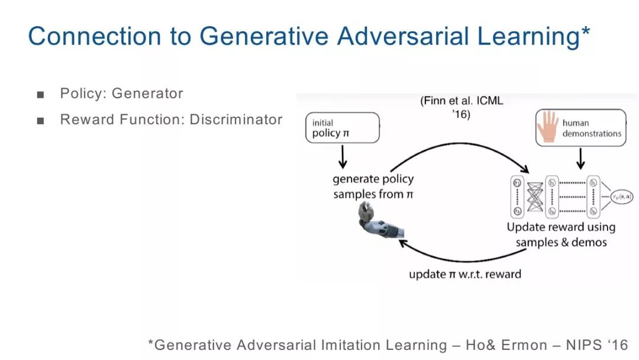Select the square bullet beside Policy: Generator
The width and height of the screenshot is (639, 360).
pos(40,94)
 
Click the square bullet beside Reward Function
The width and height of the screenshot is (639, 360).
pos(40,121)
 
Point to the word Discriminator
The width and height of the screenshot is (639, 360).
pos(235,120)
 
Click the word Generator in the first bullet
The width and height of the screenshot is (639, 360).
pos(147,94)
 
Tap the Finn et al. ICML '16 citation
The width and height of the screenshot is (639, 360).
pos(461,107)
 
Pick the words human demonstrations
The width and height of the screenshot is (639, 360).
pos(591,128)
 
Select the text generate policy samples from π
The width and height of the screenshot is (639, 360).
pos(373,186)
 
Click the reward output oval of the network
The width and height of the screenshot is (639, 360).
pos(618,194)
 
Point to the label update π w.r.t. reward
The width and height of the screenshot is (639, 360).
pos(465,274)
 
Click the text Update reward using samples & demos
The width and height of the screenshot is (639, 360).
pos(561,234)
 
